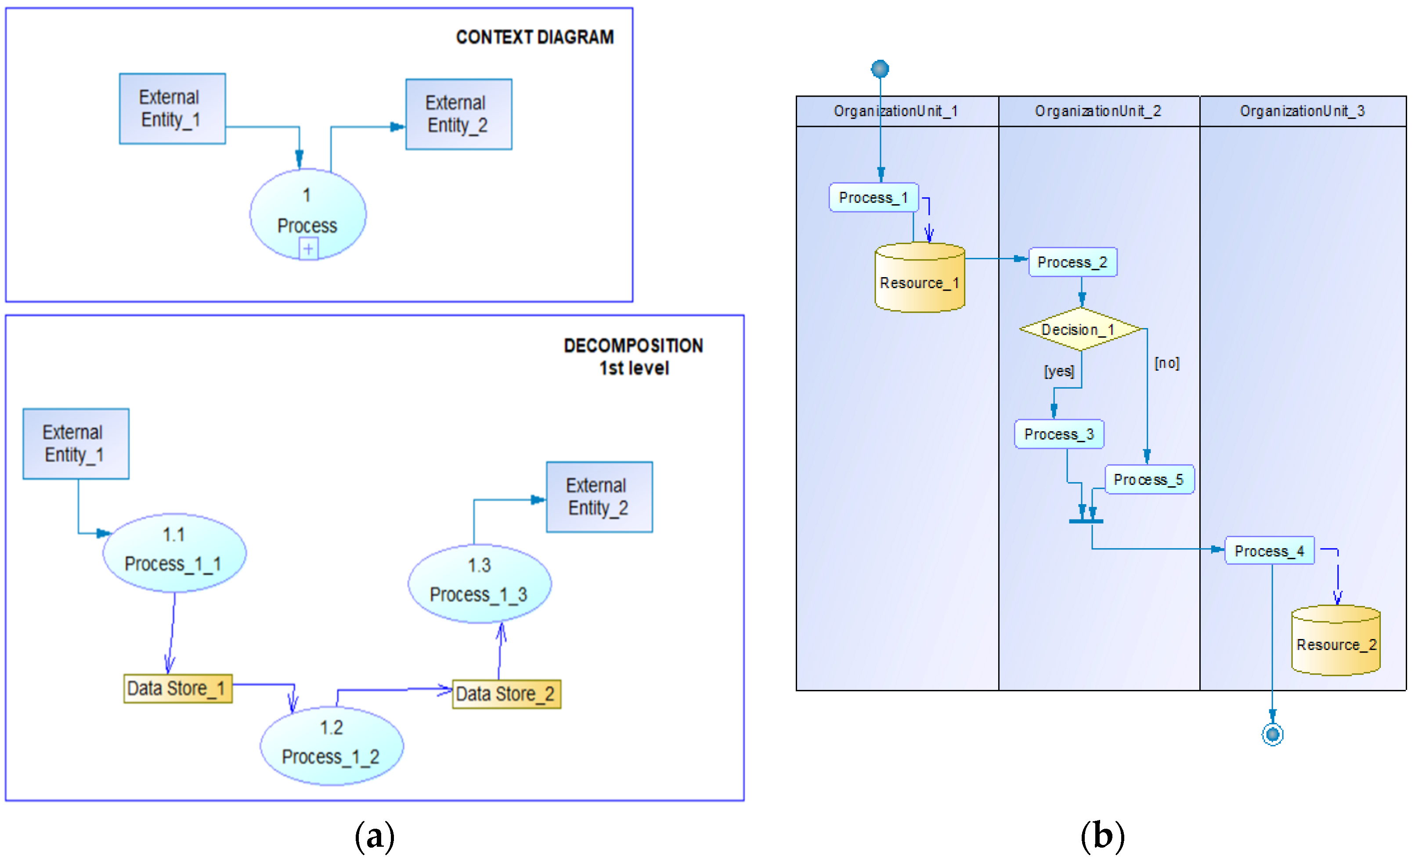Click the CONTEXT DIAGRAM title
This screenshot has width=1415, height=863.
[534, 37]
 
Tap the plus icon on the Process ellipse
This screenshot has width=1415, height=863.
[308, 249]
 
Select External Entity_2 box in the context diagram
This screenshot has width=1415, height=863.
[458, 114]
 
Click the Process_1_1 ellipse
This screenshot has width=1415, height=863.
[174, 552]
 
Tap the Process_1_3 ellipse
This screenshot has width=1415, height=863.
[480, 583]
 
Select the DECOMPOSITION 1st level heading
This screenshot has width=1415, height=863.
[633, 356]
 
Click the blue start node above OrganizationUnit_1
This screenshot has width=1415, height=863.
[879, 69]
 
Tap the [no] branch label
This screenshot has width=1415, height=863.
[1166, 363]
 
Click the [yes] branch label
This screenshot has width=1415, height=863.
[1058, 371]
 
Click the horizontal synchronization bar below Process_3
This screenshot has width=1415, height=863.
[1085, 521]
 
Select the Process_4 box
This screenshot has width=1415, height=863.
[1269, 551]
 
